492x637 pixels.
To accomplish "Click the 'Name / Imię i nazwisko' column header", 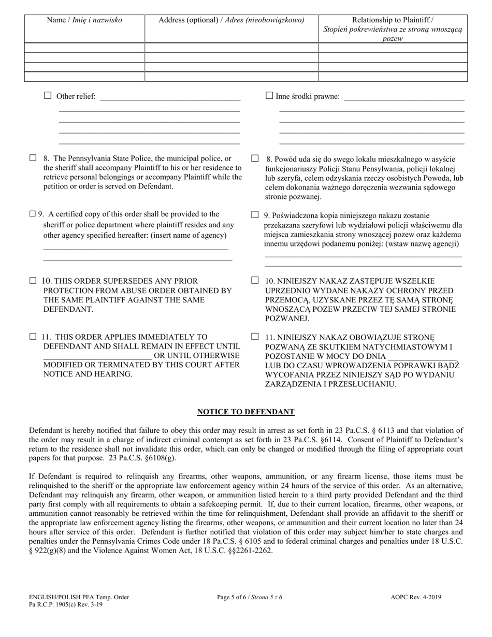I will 84,21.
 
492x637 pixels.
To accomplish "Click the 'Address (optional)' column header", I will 231,21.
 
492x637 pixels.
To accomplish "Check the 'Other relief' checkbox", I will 48,95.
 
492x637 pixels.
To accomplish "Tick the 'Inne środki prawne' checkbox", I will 269,95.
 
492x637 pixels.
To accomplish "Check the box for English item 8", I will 33,158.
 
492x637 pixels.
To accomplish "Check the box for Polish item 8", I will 255,158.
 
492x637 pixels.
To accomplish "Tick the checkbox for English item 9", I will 33,213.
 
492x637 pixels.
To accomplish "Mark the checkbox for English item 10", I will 33,280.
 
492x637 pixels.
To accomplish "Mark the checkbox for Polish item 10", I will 255,280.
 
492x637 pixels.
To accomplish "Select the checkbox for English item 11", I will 33,336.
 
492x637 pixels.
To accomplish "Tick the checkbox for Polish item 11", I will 255,336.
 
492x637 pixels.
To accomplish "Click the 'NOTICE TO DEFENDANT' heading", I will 245,412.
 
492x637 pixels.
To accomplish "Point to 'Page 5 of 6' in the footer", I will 250,597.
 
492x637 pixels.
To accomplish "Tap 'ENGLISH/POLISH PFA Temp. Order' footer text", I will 79,597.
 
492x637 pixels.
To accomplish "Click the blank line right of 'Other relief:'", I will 170,96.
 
